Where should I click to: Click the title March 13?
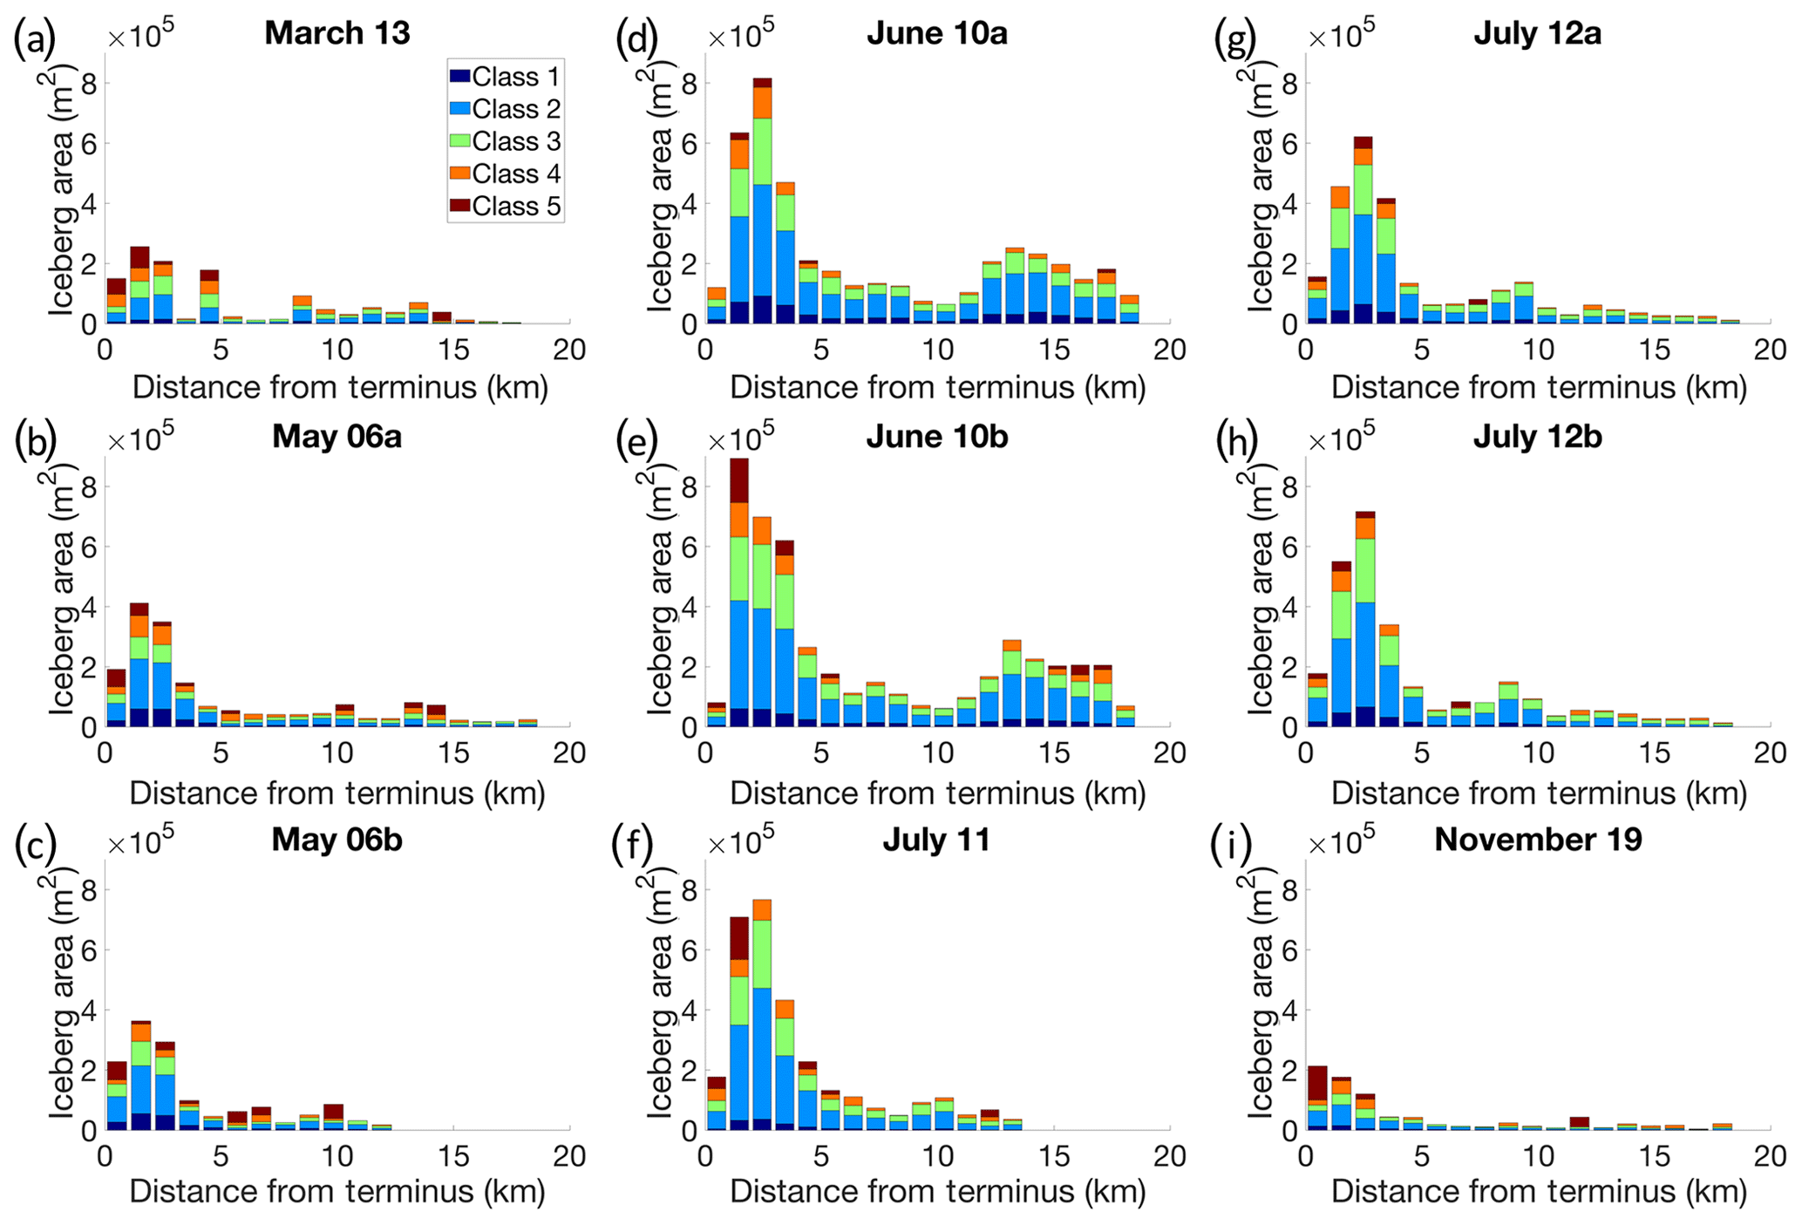[337, 33]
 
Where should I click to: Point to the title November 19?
[1538, 840]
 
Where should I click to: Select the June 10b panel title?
[937, 437]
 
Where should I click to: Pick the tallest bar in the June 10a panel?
[763, 201]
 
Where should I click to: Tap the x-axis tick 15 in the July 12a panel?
[1655, 350]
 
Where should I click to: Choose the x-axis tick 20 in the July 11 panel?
[1170, 1157]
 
